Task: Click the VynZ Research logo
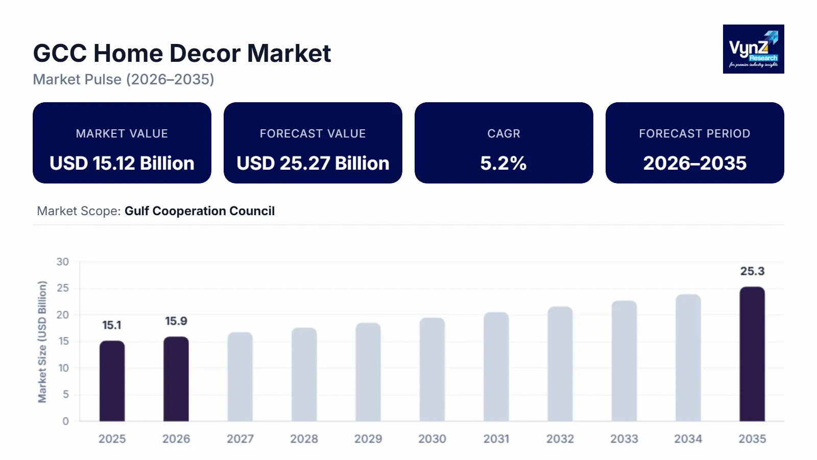coord(753,49)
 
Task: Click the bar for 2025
coord(112,381)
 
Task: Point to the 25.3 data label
coord(752,271)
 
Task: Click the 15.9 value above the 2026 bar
coord(176,321)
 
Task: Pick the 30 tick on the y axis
coord(63,262)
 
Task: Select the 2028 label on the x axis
coord(304,439)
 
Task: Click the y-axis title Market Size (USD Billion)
coord(42,341)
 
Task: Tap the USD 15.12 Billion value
coord(122,164)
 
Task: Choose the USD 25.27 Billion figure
coord(313,164)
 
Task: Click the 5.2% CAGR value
coord(503,164)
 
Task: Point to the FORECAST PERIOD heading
coord(694,133)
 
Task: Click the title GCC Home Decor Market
coord(182,53)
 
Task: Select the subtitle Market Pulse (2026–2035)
coord(124,80)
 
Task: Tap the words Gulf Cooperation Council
coord(200,211)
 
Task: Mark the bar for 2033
coord(624,361)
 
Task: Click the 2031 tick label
coord(496,439)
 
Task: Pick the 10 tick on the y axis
coord(63,368)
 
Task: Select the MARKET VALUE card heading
coord(122,133)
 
